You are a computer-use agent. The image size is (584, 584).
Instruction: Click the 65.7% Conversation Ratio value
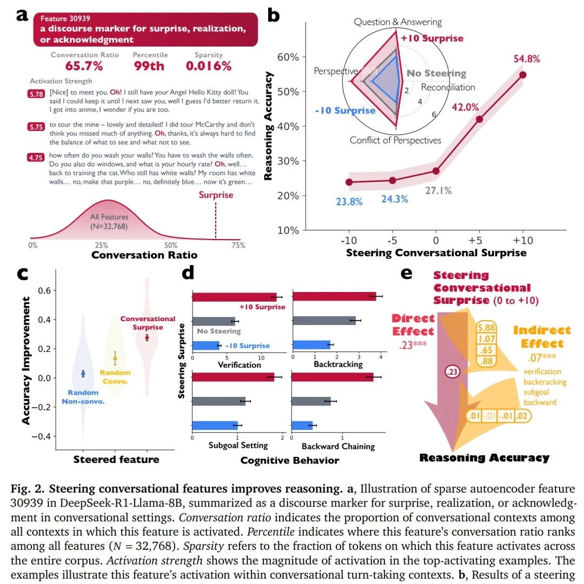84,66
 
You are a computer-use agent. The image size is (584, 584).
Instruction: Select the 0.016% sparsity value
209,66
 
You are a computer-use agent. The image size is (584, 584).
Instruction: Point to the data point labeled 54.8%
523,75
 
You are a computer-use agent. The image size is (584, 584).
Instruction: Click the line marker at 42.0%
479,119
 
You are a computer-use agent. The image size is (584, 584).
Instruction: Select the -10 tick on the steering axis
349,240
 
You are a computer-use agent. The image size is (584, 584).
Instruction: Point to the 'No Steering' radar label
436,74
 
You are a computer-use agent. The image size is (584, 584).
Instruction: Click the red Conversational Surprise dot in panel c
147,338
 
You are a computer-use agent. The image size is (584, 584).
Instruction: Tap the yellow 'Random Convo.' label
115,377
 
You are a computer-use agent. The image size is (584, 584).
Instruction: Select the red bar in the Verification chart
234,296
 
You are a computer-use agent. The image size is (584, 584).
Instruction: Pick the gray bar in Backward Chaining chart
311,401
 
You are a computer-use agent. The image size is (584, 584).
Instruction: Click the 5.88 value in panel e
485,328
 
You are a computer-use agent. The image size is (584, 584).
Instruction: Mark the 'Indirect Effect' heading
542,337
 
